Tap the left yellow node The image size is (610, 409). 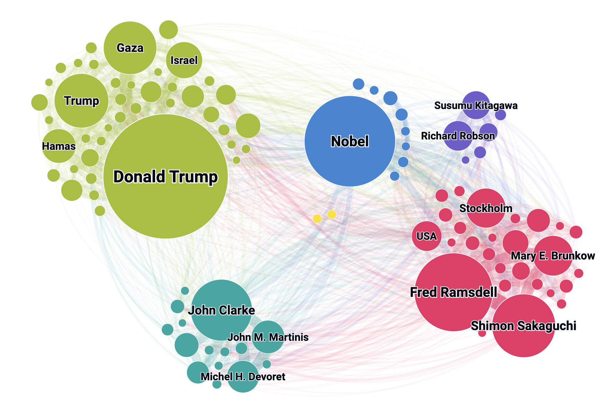point(317,218)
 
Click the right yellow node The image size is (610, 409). point(332,215)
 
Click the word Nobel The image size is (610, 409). point(350,142)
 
